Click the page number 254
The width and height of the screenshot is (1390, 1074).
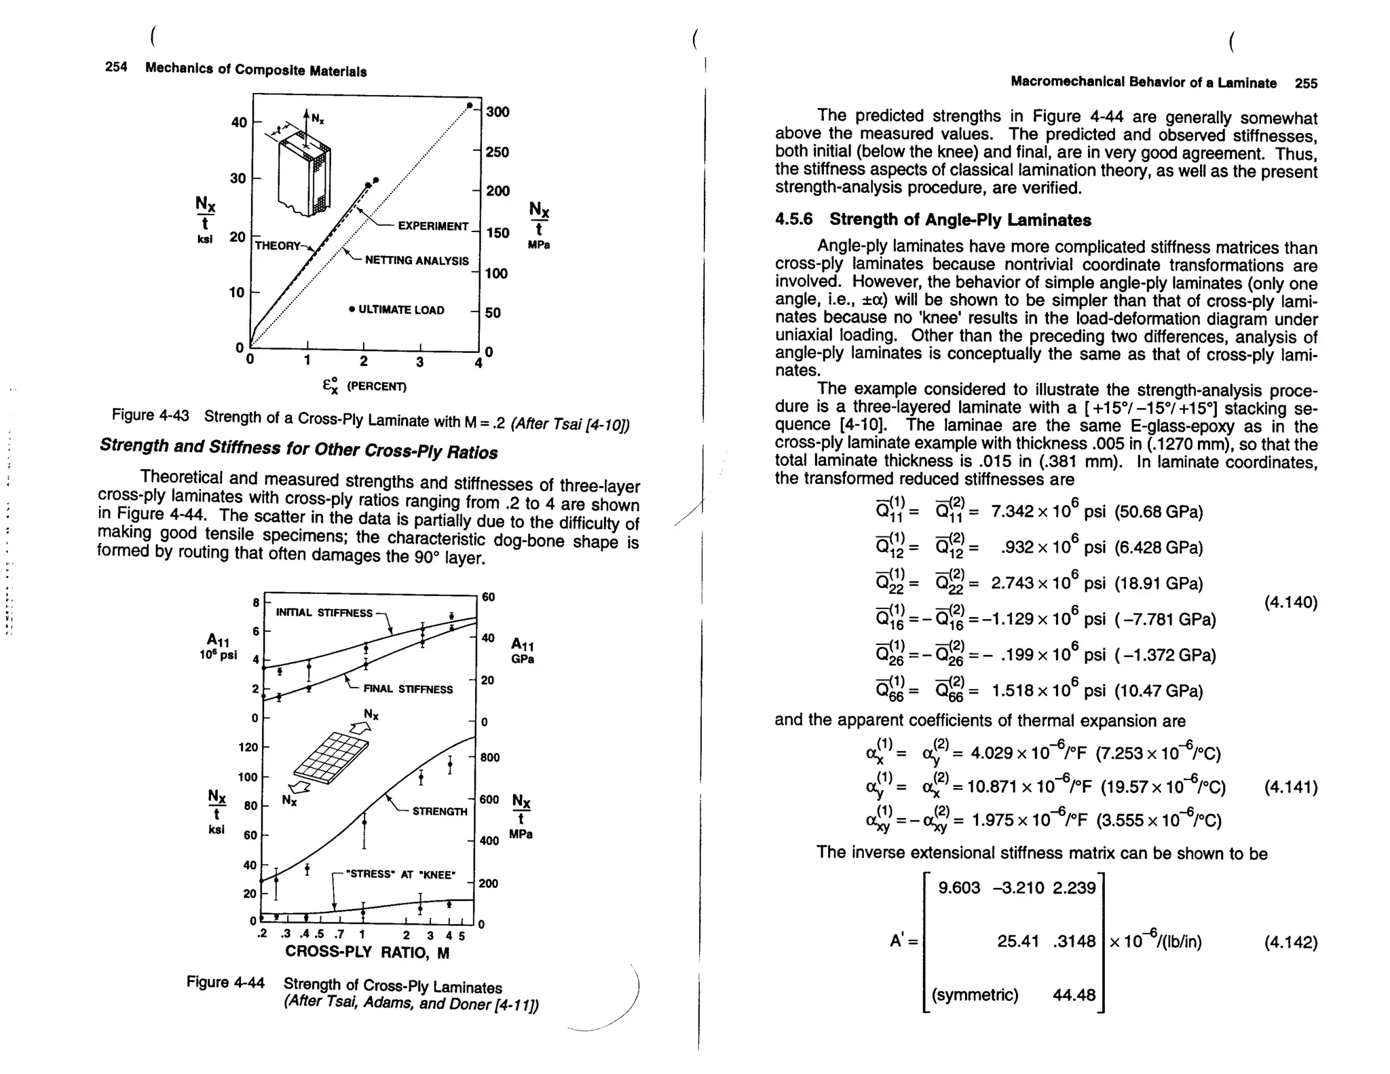tap(116, 67)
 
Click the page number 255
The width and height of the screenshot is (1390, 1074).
tap(1305, 84)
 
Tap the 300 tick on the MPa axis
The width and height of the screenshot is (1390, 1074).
tap(497, 112)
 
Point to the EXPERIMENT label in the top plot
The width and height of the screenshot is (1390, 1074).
tap(432, 226)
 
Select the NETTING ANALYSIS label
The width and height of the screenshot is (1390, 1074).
tap(416, 261)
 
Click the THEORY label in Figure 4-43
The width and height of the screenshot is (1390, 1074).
tap(277, 245)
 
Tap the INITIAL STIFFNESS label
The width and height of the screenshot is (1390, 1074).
tap(324, 612)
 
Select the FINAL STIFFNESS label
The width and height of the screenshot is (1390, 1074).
tap(407, 689)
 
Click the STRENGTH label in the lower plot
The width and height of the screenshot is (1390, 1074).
tap(439, 811)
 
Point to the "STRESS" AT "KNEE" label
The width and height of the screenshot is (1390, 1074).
tap(400, 874)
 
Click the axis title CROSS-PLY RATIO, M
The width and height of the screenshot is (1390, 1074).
tap(367, 952)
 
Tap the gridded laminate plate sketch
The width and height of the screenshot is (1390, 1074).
tap(331, 757)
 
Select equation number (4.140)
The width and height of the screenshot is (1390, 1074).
tap(1290, 602)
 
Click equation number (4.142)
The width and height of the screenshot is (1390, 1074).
tap(1290, 942)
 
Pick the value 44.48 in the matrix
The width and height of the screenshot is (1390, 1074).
tap(1074, 995)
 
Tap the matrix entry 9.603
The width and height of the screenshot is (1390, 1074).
tap(958, 888)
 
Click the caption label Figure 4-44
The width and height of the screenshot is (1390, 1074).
tap(225, 982)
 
